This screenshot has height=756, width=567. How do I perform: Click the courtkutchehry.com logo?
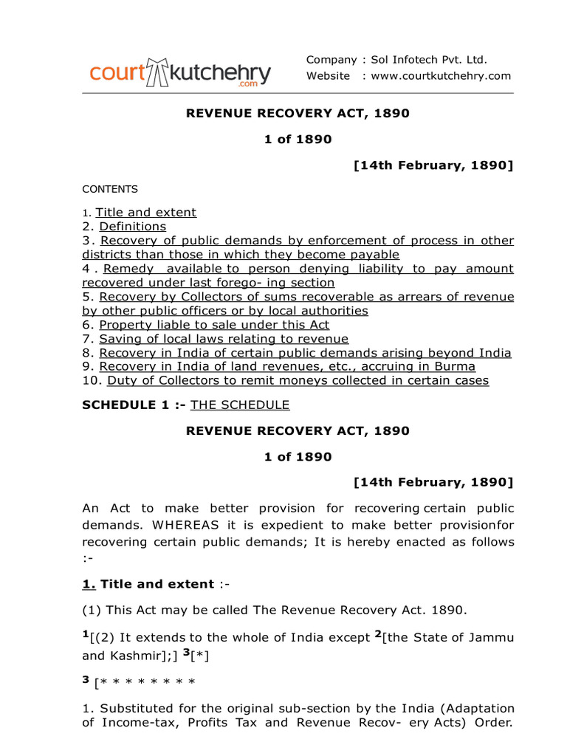[x=180, y=73]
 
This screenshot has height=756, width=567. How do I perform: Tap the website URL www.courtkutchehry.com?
[x=441, y=76]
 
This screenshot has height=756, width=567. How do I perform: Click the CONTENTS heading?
[x=110, y=189]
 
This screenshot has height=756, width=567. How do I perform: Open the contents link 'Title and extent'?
[x=146, y=213]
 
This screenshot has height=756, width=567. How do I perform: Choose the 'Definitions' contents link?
[x=132, y=227]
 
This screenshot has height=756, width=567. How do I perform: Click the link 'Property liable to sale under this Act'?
[x=214, y=325]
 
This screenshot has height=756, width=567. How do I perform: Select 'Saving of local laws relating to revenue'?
[x=224, y=339]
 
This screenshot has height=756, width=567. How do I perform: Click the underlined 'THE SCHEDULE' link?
[x=240, y=405]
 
